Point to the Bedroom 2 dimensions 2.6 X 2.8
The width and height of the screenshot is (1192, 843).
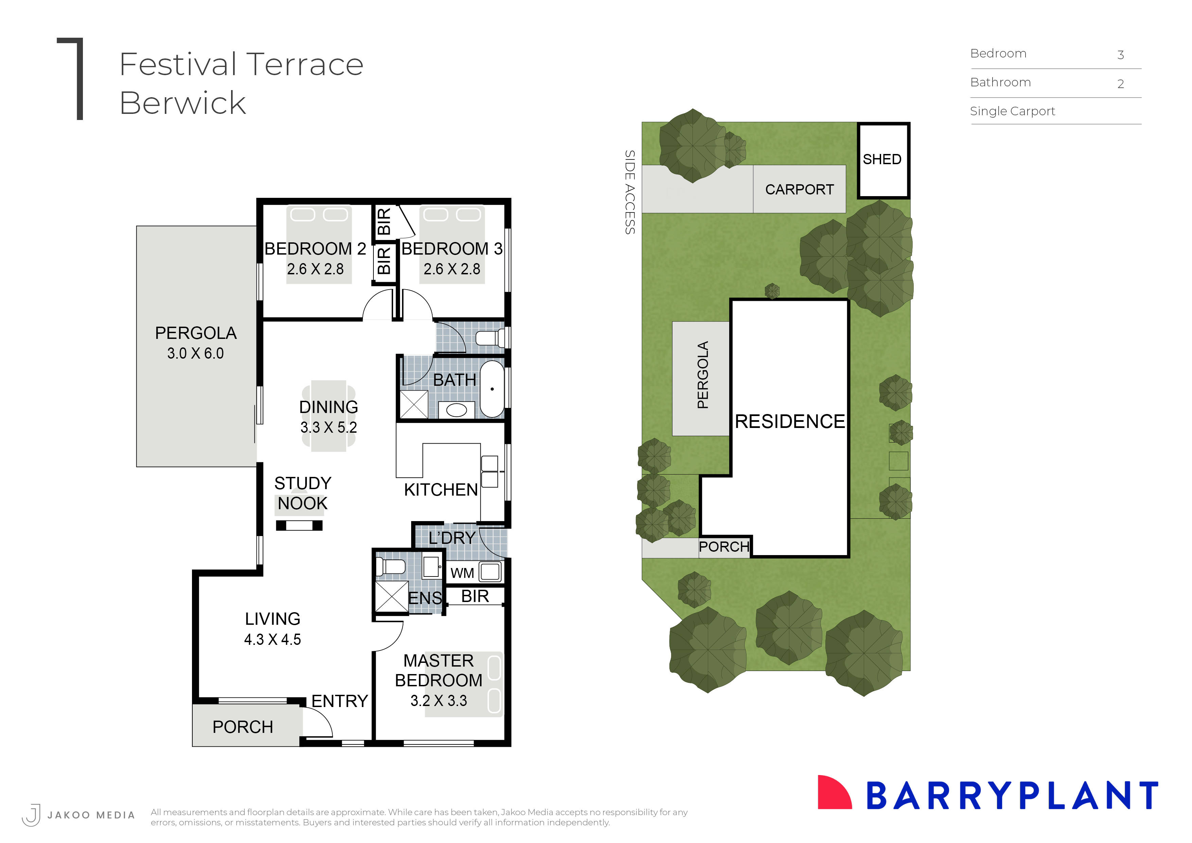tap(315, 269)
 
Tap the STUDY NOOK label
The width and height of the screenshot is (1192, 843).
tap(303, 493)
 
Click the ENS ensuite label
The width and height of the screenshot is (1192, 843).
tap(425, 598)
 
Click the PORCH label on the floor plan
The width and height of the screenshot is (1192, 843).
tap(243, 727)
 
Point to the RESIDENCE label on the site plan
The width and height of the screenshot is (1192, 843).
tap(790, 421)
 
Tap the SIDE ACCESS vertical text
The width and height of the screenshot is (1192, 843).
tap(629, 192)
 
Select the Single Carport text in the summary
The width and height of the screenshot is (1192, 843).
tap(1012, 111)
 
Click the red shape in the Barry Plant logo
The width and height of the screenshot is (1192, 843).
tap(832, 793)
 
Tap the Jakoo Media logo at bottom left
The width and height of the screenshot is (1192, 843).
tap(32, 814)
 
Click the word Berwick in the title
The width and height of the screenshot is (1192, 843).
tap(183, 103)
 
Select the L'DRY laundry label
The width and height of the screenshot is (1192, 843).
tap(452, 538)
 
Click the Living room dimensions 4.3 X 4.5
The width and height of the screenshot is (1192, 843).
tap(273, 639)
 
